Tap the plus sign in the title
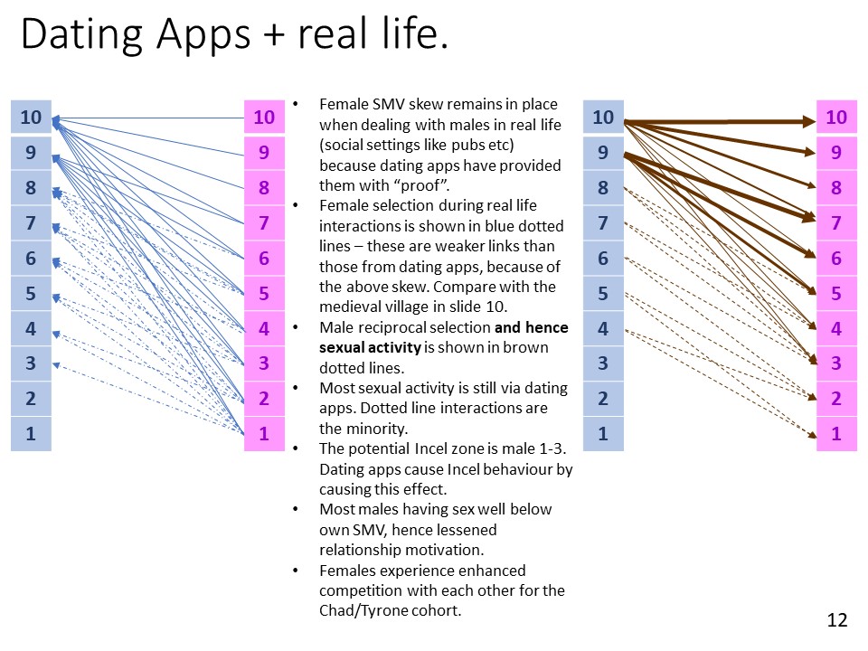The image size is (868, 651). (274, 35)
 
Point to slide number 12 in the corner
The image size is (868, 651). (837, 620)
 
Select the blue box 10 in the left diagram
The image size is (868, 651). (31, 117)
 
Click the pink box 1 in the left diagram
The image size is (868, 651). (264, 433)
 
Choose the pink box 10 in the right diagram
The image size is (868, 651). (836, 117)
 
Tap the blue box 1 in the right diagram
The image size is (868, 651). (603, 433)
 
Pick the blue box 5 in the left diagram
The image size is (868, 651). (31, 293)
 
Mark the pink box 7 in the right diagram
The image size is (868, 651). (836, 222)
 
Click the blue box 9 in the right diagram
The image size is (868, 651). (603, 152)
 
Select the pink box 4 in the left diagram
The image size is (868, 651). (264, 328)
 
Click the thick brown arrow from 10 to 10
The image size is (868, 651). (720, 121)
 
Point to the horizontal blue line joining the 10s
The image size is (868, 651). (148, 118)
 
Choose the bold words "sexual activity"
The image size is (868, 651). (371, 347)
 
